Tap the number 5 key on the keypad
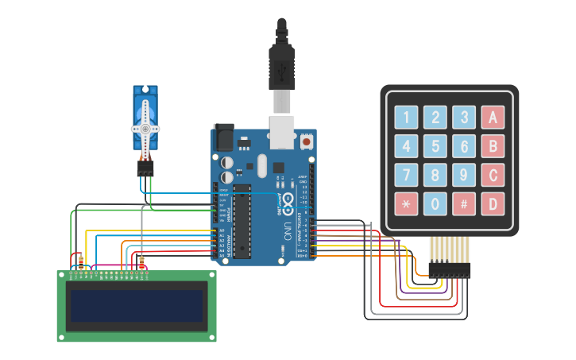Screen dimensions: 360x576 coord(435,146)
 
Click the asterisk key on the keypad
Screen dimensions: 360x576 coord(406,204)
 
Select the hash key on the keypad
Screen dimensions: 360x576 coord(464,204)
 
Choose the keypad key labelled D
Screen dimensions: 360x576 coord(493,204)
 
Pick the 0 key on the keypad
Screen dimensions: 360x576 coord(435,204)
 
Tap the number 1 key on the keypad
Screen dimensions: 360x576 coord(406,118)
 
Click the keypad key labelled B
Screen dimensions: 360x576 coord(493,146)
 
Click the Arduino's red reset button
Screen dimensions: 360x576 coord(307,142)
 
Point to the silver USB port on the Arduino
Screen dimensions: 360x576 coord(283,132)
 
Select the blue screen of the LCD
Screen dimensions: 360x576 coord(136,306)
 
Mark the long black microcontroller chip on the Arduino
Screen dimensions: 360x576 coord(242,220)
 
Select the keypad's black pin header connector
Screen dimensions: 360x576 coord(450,270)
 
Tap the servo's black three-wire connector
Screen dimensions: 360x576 coord(145,168)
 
